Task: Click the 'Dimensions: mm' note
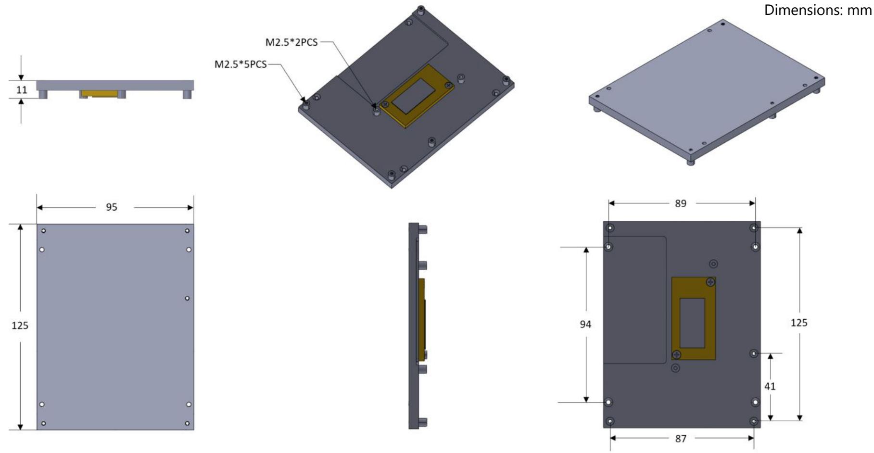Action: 818,10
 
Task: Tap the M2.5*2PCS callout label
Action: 291,42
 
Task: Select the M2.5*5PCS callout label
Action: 241,64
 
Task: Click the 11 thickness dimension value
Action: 22,90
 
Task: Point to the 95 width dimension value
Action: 112,207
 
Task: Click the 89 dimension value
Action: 681,203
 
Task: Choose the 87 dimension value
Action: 681,439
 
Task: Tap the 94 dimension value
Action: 585,325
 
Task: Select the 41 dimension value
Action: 770,386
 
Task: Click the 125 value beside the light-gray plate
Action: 20,326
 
